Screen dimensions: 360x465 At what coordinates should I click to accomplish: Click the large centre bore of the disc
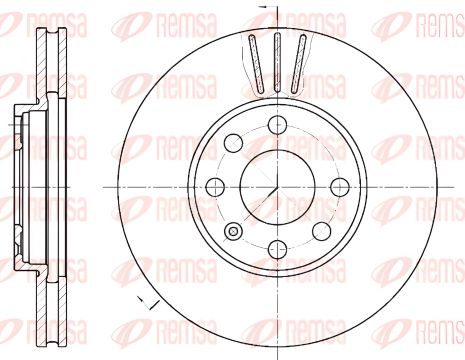point(276,184)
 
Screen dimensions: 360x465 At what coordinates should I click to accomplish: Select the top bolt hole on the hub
point(277,123)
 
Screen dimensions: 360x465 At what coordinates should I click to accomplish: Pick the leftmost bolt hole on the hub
point(214,185)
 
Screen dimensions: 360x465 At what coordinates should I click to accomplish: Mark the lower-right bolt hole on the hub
point(322,230)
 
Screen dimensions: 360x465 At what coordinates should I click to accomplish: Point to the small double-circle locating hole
point(235,232)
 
